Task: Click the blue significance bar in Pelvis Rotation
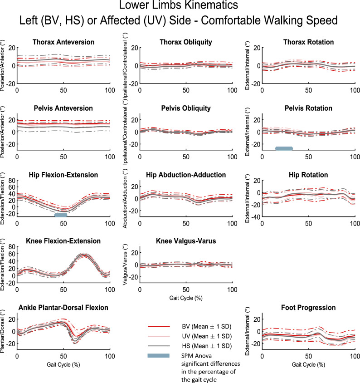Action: tap(284, 148)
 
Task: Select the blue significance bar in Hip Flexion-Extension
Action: tap(61, 215)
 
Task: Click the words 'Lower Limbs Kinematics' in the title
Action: tap(180, 6)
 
